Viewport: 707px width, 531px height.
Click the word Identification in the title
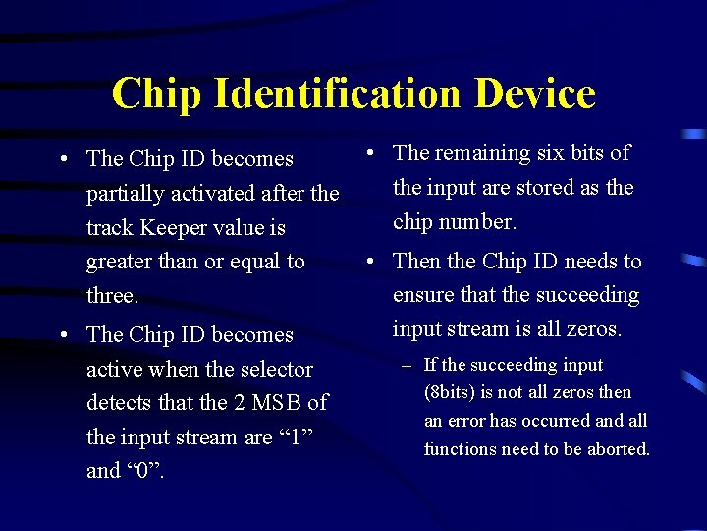coord(340,93)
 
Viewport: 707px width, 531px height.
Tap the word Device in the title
coord(535,93)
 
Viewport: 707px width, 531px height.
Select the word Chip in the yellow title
coord(157,93)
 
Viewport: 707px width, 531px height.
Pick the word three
coord(112,296)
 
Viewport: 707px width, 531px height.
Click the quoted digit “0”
coord(144,471)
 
